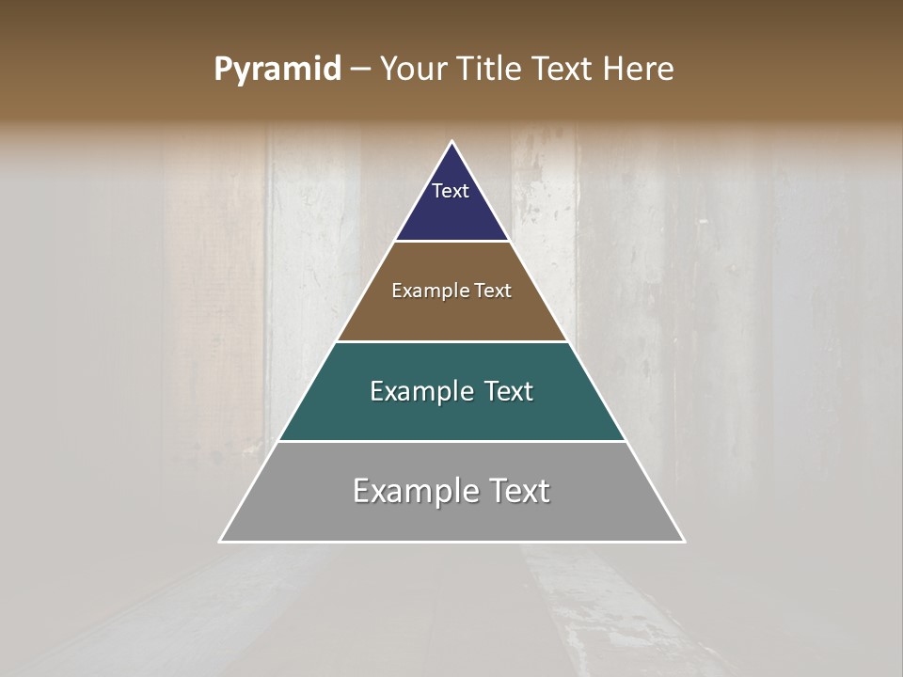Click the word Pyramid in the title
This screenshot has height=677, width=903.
(277, 70)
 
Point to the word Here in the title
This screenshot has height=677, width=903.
(639, 70)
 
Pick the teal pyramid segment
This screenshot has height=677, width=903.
(451, 414)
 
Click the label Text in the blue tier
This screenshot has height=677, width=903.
(451, 191)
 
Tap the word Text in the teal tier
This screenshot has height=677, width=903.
(509, 391)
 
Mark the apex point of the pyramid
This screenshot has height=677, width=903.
(452, 142)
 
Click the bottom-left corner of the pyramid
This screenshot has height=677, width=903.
(220, 542)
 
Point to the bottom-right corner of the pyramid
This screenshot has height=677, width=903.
(684, 542)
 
